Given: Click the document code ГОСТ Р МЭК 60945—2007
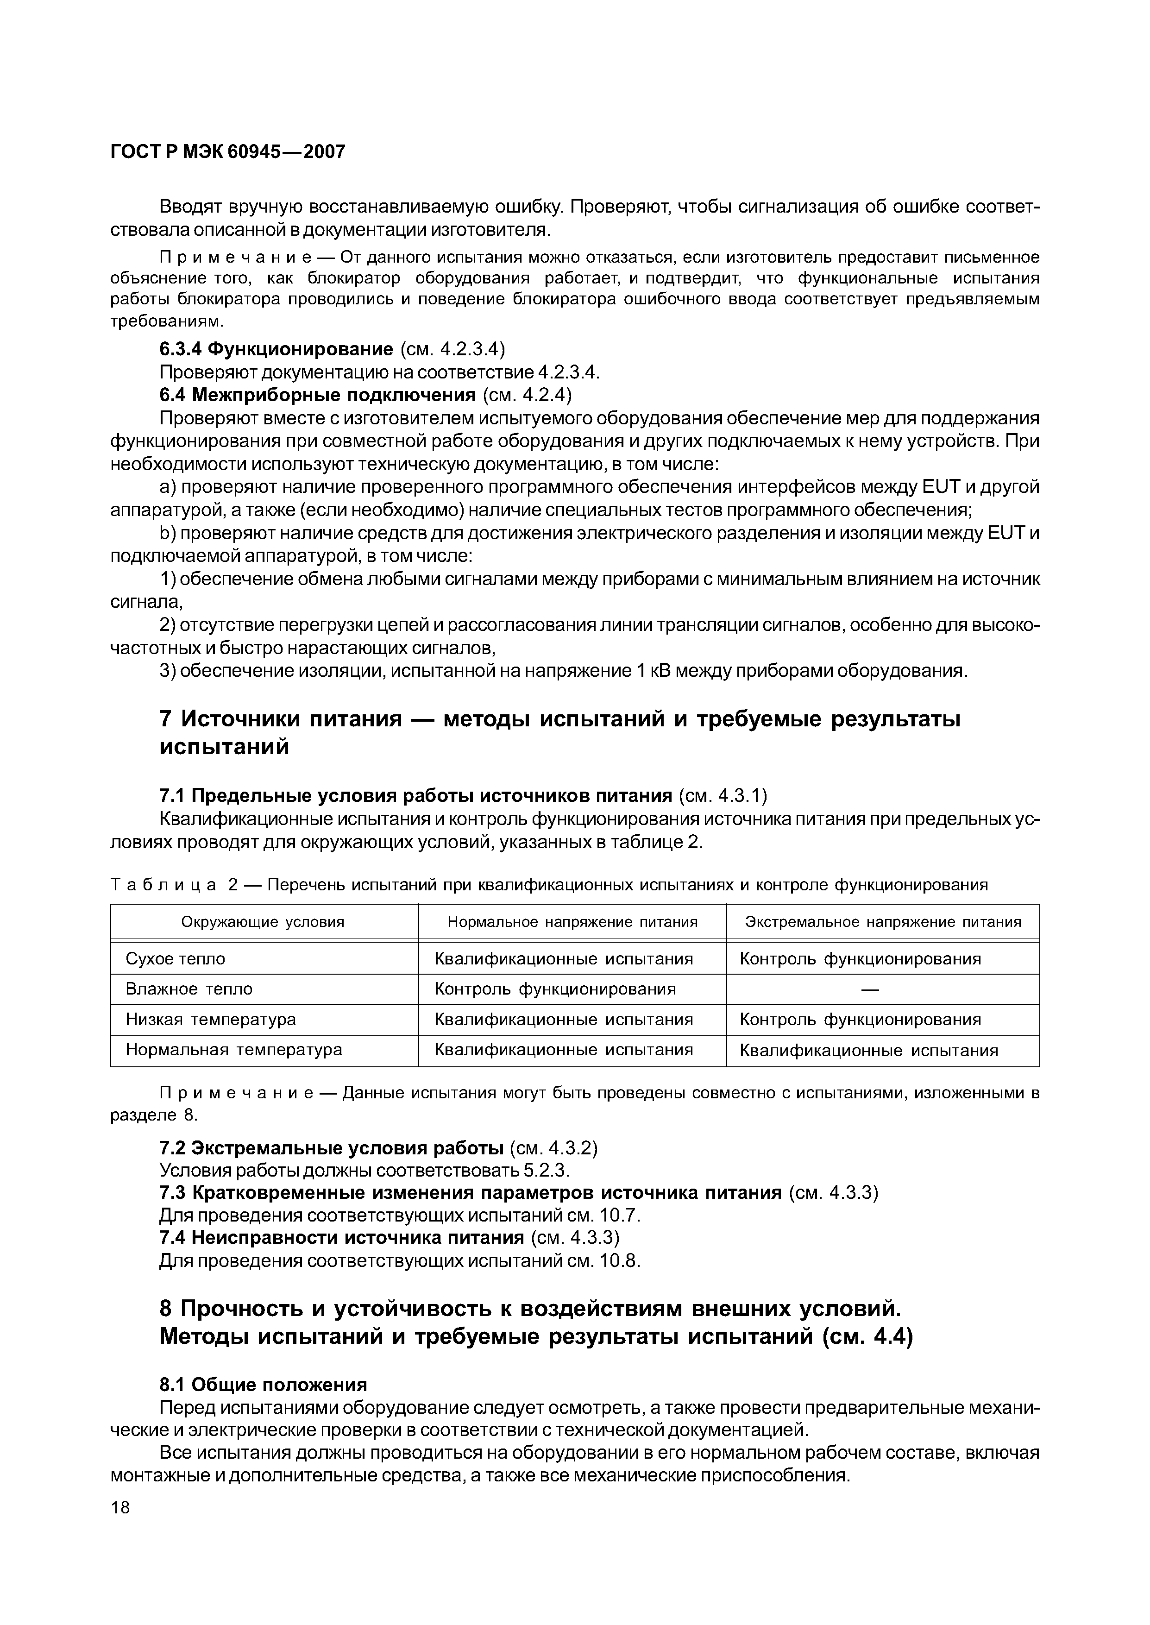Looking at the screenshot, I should click(228, 151).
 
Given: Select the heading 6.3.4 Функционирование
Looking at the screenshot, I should click(276, 349).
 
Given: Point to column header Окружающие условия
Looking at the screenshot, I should click(263, 922).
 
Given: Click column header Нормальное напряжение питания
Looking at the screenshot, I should click(572, 922).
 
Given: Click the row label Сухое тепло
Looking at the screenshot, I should click(175, 959).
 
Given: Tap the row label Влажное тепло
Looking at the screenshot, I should click(189, 989).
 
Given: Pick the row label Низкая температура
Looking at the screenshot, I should click(210, 1020).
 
